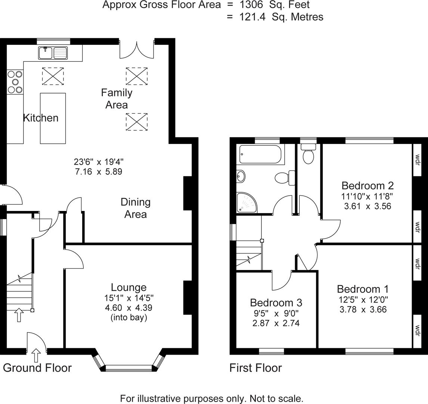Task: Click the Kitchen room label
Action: (x=41, y=118)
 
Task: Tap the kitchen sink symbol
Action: (x=52, y=53)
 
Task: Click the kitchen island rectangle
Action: (x=53, y=118)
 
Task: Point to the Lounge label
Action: (x=128, y=287)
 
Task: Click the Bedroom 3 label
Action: (x=276, y=302)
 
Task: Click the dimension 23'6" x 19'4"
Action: (x=99, y=162)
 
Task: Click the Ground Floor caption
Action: (x=37, y=368)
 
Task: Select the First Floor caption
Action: (x=255, y=368)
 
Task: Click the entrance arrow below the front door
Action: (x=36, y=355)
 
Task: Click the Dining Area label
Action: (x=135, y=208)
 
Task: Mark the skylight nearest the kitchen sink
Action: (x=53, y=76)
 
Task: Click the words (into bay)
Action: (x=128, y=318)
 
